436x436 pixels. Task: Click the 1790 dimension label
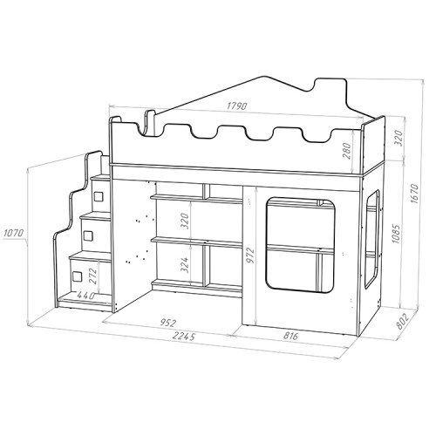tap(237, 106)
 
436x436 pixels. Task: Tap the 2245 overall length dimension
tap(184, 337)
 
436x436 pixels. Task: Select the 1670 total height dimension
tap(415, 194)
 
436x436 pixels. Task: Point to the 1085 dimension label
tap(396, 233)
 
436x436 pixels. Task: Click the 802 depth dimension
tap(402, 322)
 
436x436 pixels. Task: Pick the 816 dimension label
tap(290, 336)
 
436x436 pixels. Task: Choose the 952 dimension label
tap(169, 323)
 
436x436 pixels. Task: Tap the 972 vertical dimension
tap(250, 255)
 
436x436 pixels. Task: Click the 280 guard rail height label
tap(347, 151)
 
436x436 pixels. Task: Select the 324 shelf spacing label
tap(185, 265)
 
